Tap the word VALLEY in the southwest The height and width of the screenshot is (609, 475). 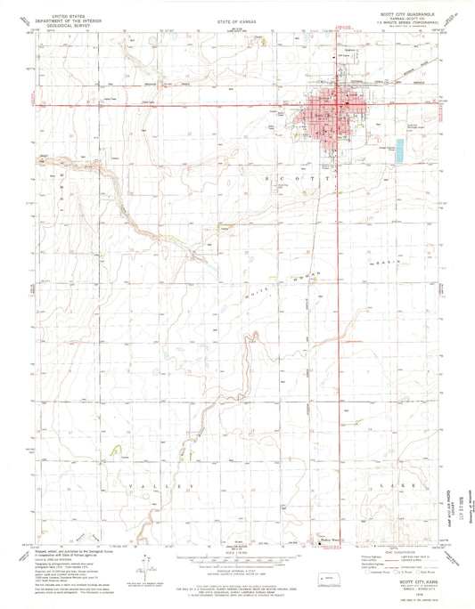point(160,485)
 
